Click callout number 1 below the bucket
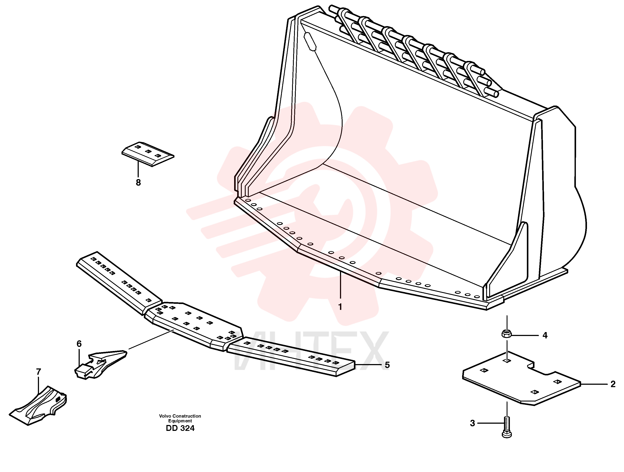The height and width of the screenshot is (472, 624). click(340, 307)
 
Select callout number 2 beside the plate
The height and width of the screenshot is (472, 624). click(613, 384)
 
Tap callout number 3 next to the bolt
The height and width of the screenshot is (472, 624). click(472, 423)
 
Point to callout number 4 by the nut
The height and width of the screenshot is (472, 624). click(545, 335)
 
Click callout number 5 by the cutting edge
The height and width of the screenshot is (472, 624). click(387, 365)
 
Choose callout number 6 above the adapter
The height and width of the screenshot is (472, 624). click(79, 344)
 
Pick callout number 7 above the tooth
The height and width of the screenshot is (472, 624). click(39, 372)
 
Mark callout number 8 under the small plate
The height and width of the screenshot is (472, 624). click(138, 183)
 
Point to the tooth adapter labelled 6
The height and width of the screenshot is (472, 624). click(100, 364)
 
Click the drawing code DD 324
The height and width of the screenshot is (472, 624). click(180, 428)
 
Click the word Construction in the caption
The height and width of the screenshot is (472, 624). click(187, 416)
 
